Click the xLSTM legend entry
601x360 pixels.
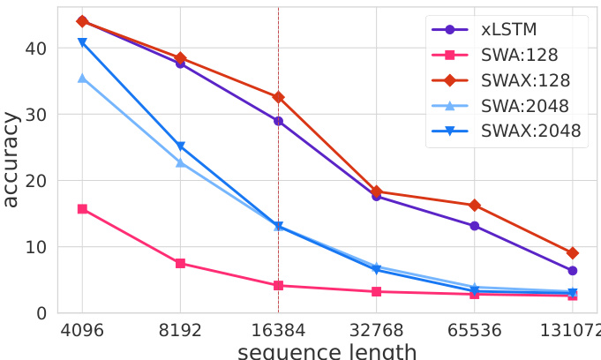507,29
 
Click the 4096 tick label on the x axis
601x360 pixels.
82,331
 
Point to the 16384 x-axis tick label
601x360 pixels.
278,331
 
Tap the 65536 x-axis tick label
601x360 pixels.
474,331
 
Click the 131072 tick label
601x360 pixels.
571,331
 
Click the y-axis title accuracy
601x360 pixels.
11,160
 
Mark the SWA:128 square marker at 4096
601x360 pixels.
82,209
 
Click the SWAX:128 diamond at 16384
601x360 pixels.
278,97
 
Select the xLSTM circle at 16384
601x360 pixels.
278,121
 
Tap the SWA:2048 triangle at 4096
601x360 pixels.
82,79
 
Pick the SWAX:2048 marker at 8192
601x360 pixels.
180,146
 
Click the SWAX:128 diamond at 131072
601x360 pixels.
572,253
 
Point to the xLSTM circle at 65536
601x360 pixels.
474,226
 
